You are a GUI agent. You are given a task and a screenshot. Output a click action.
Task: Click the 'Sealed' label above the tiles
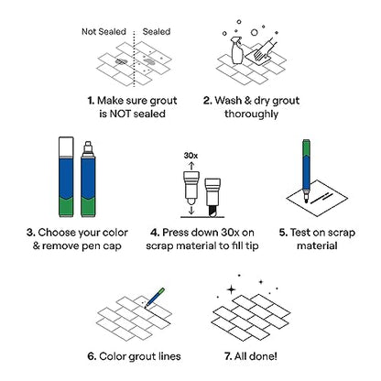[x=157, y=30]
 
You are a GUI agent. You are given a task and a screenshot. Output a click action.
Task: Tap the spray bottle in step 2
[x=234, y=47]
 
